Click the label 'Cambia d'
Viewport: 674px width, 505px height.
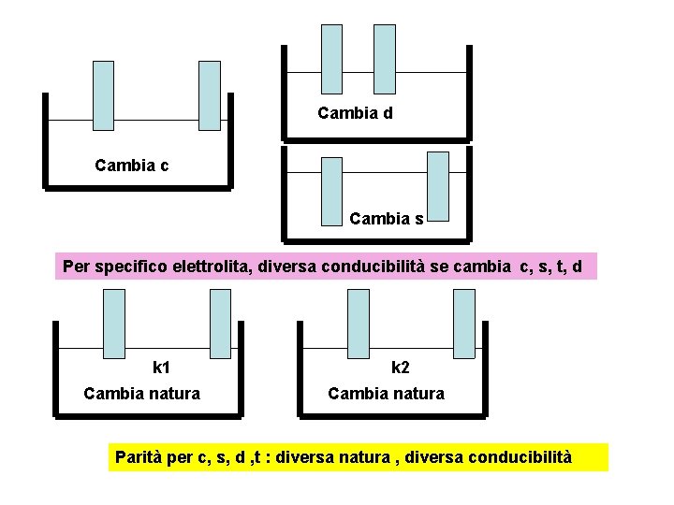(x=355, y=113)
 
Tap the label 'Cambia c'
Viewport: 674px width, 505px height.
(x=132, y=166)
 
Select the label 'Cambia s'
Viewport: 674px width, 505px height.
(x=386, y=219)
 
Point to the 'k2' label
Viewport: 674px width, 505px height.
(x=400, y=368)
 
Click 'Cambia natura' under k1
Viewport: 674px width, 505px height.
(x=141, y=394)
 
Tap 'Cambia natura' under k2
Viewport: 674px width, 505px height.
(x=386, y=394)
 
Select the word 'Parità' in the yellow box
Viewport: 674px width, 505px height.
(x=139, y=457)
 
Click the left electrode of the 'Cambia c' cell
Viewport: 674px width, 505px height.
(x=103, y=95)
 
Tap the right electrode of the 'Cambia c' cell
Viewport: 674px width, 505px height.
(x=210, y=95)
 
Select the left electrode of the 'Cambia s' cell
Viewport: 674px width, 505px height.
(x=331, y=192)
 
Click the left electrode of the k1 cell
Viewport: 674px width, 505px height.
(x=113, y=324)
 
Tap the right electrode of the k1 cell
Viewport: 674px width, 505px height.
(x=220, y=324)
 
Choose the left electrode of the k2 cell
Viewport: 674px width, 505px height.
(x=359, y=324)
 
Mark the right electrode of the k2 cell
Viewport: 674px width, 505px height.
(x=464, y=324)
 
